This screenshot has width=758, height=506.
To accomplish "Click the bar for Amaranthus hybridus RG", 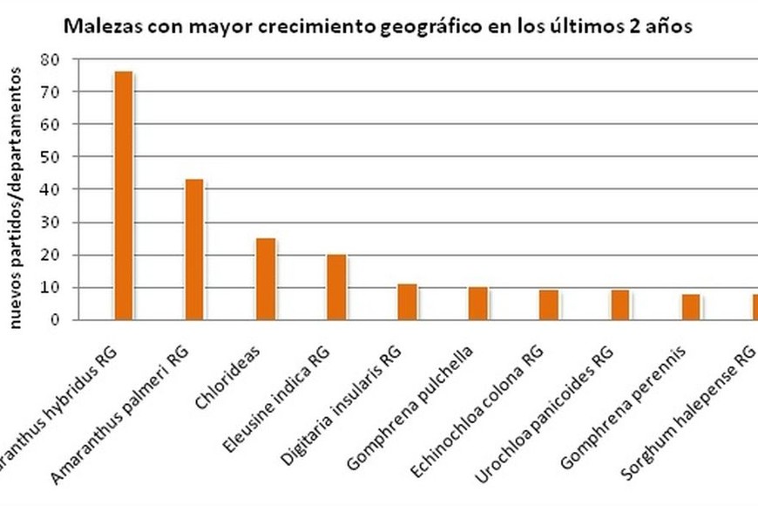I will coord(123,195).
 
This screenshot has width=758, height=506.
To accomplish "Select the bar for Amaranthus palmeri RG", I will coord(194,250).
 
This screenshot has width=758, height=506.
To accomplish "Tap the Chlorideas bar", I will coord(266,279).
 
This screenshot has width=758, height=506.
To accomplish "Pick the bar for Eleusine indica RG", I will coord(336,287).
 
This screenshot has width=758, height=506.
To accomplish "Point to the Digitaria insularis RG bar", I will coord(407,302).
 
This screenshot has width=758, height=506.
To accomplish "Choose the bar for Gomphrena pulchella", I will coord(478,304).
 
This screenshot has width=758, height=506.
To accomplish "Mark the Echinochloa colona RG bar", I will coord(549,305).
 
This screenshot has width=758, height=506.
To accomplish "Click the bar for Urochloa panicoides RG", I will coord(619,305).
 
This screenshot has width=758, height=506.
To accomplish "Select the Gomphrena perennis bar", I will coord(690,307).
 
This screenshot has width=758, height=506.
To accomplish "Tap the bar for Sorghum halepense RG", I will coord(755,307).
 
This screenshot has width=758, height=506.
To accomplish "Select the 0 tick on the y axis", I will coord(53,320).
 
